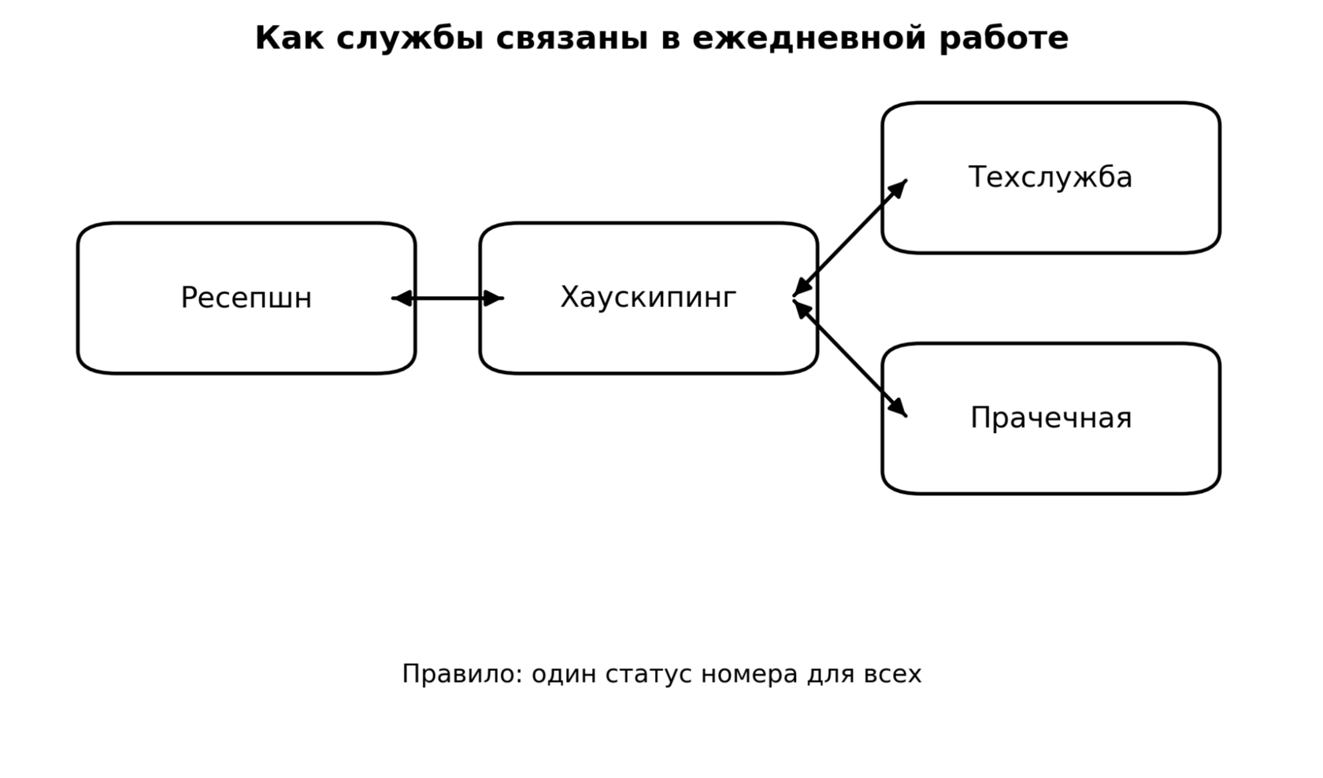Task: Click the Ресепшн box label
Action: tap(246, 298)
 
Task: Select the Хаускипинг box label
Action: tap(649, 298)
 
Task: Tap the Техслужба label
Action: tap(1051, 177)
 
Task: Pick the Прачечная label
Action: tap(1051, 418)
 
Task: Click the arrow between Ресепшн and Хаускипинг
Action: tap(447, 298)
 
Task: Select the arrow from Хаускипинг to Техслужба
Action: tap(850, 238)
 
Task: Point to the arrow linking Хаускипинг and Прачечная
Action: tap(850, 358)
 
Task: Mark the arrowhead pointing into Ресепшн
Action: tap(402, 298)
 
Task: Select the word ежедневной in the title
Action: tap(809, 39)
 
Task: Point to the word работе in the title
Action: tap(1004, 39)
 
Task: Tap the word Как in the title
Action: tap(290, 39)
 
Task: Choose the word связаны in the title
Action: tap(572, 39)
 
